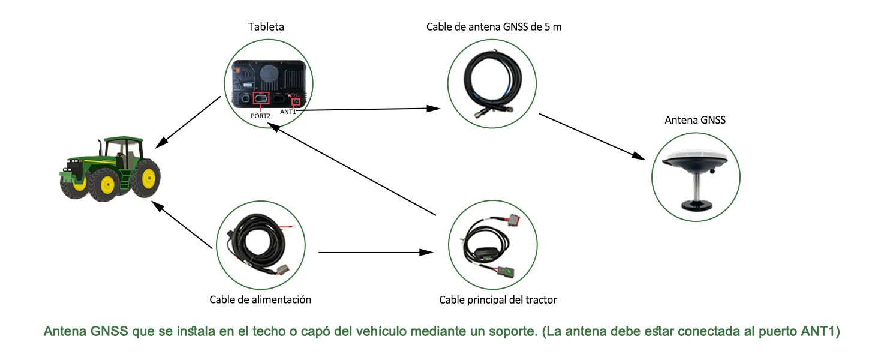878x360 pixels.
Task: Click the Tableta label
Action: pyautogui.click(x=266, y=26)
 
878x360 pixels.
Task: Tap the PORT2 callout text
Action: pyautogui.click(x=261, y=116)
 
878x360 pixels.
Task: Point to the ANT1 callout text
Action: pyautogui.click(x=288, y=112)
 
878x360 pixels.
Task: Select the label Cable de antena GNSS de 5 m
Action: pyautogui.click(x=494, y=26)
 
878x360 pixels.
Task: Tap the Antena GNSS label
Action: pyautogui.click(x=695, y=120)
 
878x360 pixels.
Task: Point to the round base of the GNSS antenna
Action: pyautogui.click(x=696, y=205)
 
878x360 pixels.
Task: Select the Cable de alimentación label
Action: pyautogui.click(x=260, y=299)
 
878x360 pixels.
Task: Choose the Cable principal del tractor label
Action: pyautogui.click(x=498, y=300)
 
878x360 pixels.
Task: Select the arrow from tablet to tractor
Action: pyautogui.click(x=188, y=122)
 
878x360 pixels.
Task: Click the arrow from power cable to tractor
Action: pyautogui.click(x=182, y=225)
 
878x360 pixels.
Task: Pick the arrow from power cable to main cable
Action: pyautogui.click(x=376, y=253)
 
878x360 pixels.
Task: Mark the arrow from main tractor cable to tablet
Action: pyautogui.click(x=351, y=169)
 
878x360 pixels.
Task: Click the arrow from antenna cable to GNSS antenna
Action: pyautogui.click(x=593, y=137)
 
